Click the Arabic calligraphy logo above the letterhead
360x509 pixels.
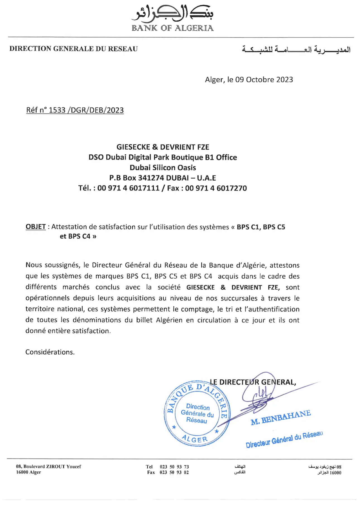tap(172, 13)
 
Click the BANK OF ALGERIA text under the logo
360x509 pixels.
tap(172, 28)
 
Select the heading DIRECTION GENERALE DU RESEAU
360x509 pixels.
tap(73, 49)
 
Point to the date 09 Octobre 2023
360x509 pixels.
tap(264, 80)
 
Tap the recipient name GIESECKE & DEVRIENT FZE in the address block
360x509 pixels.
tap(163, 147)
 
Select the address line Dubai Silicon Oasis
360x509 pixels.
tap(163, 168)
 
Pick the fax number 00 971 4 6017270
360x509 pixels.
tap(216, 188)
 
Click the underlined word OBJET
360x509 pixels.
tap(36, 227)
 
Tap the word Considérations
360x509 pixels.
tap(50, 352)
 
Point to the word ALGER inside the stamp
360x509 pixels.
tap(195, 439)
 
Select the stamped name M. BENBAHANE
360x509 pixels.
tap(280, 418)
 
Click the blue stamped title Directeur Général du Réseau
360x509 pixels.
tap(284, 439)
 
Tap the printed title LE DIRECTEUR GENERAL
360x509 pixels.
tap(253, 382)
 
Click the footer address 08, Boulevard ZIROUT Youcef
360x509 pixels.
tap(49, 467)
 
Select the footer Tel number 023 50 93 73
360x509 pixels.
tap(174, 467)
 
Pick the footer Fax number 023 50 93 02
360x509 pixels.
tap(174, 472)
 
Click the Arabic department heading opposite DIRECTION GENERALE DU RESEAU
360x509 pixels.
tap(296, 50)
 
